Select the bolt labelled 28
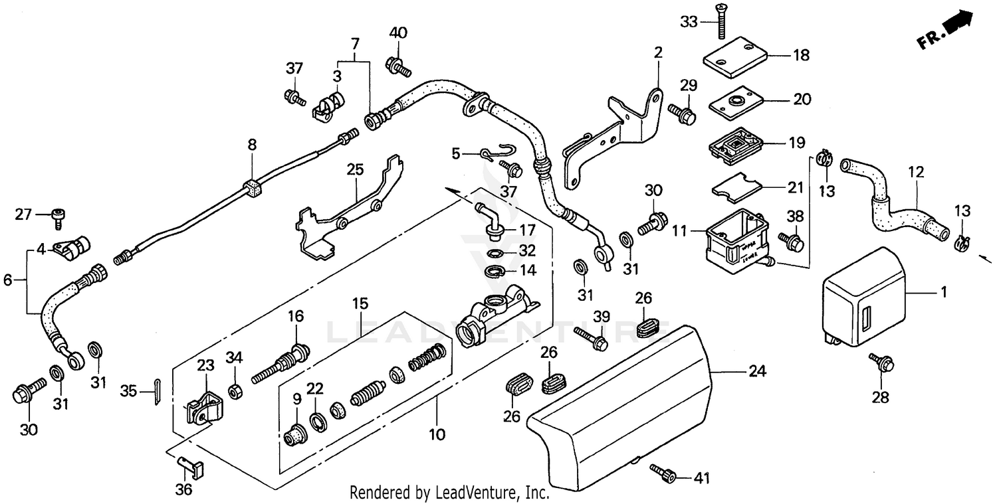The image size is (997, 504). point(882,363)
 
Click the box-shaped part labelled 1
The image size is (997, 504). point(863,296)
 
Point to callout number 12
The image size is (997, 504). point(917,173)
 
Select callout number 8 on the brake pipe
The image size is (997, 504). point(252,144)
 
